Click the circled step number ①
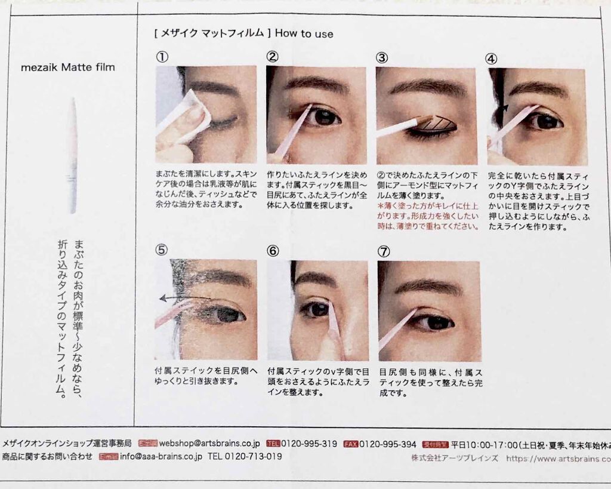coord(161,57)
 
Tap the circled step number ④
coord(492,59)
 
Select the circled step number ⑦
coord(384,251)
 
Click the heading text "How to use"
coord(304,34)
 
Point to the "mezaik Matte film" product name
coord(68,67)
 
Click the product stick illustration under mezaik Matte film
coord(73,156)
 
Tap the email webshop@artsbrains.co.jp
coord(209,444)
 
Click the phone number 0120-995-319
coord(309,444)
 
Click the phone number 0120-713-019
coord(245,457)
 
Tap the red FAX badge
coord(350,444)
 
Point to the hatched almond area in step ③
coord(436,124)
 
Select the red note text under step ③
coord(427,216)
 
